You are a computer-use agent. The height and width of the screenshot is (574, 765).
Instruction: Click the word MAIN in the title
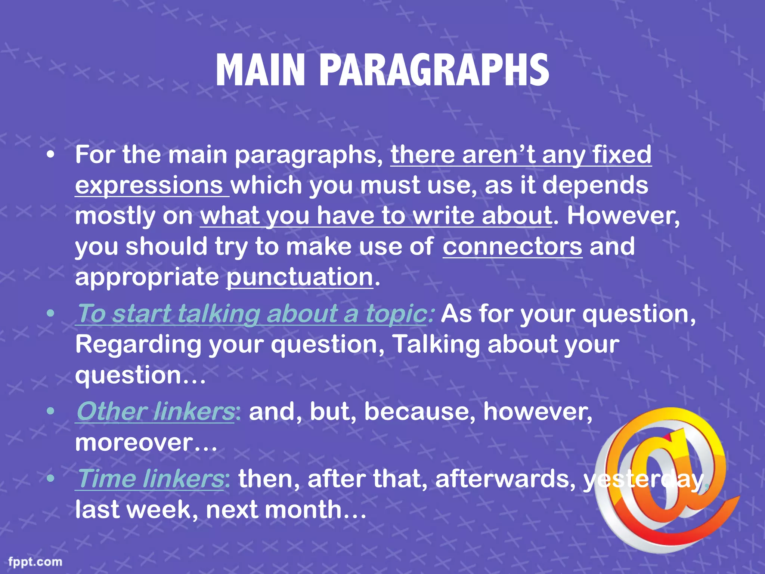tap(260, 71)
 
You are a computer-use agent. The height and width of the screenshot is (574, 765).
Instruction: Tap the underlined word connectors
tap(512, 247)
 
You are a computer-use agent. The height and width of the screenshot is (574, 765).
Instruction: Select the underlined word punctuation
tap(300, 277)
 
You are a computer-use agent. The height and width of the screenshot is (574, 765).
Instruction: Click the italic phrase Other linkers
tap(155, 411)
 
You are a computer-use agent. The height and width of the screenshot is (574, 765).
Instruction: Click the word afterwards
tap(505, 479)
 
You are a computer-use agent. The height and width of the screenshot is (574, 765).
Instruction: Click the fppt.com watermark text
tap(35, 562)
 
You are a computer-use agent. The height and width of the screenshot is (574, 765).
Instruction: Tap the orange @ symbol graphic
tap(661, 478)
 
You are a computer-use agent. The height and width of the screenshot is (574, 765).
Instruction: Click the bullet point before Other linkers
tap(51, 411)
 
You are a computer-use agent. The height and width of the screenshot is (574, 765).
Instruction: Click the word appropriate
tap(147, 277)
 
